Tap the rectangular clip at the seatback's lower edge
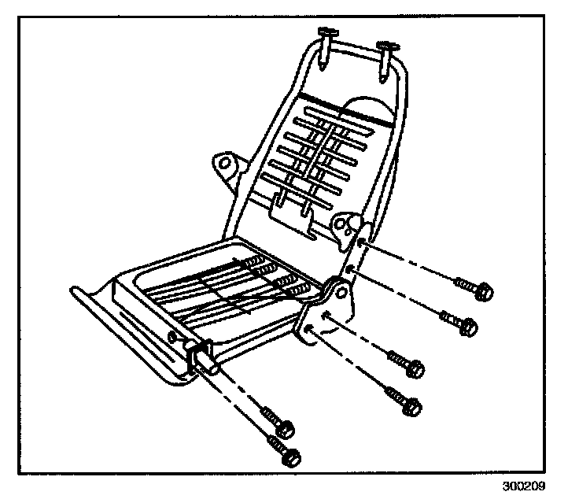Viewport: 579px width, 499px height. pos(292,208)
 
